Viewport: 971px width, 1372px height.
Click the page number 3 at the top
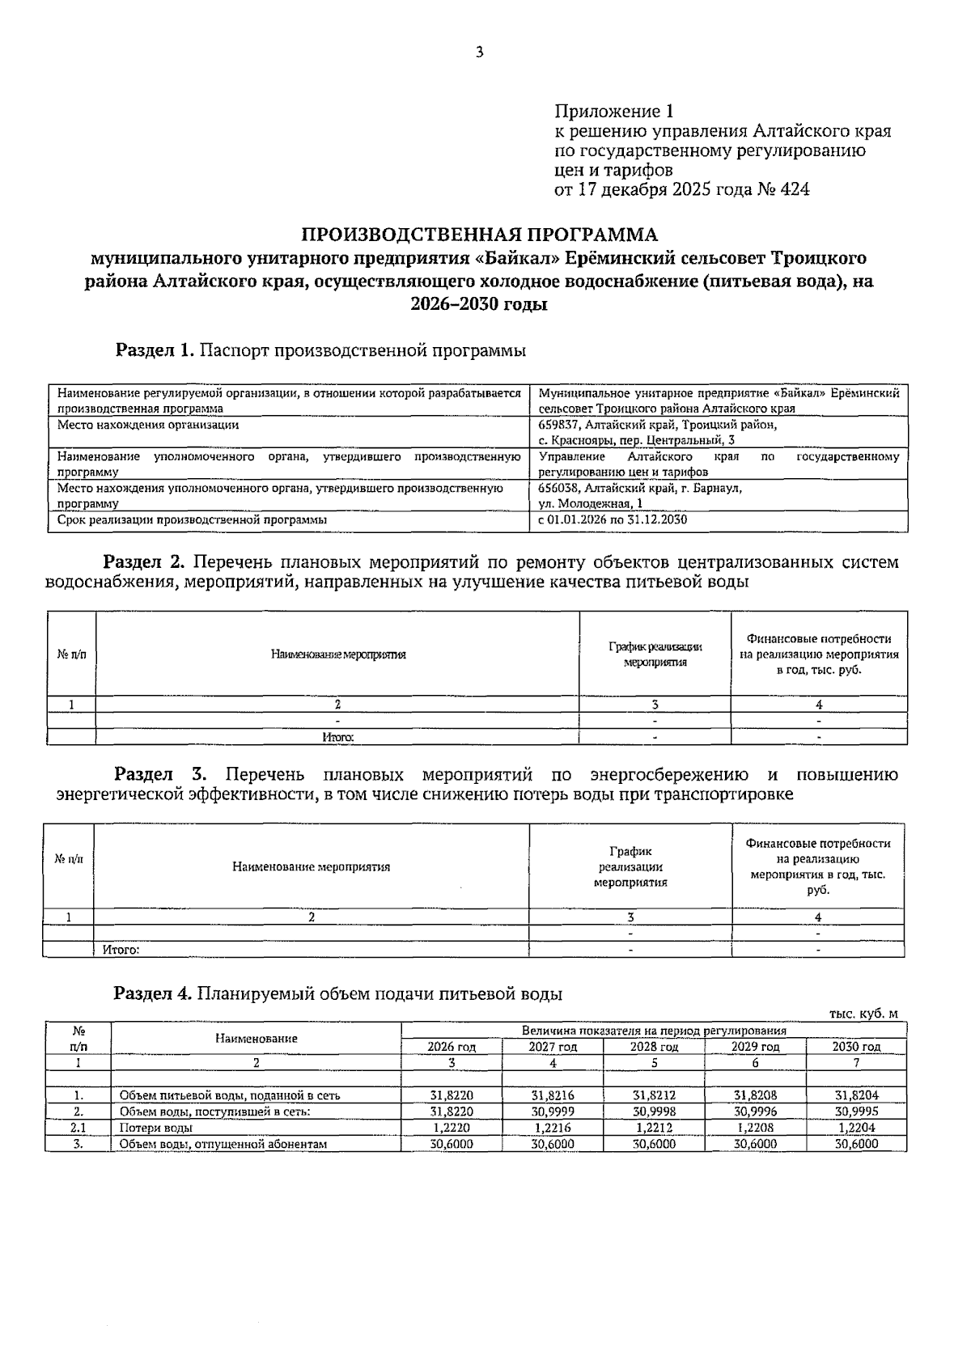tap(479, 53)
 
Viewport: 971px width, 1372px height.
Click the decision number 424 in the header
tap(795, 190)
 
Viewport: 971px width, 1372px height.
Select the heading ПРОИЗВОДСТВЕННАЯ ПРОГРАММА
tap(479, 235)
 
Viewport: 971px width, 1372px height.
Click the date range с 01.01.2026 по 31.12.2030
tap(613, 519)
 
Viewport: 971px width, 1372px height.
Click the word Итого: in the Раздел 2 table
tap(337, 737)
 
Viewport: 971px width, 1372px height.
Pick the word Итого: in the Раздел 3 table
tap(121, 950)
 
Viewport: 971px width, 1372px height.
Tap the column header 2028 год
tap(654, 1047)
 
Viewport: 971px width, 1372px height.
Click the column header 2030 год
tap(856, 1047)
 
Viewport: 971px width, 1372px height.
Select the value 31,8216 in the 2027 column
tap(553, 1095)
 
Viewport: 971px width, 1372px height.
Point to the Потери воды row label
tap(155, 1128)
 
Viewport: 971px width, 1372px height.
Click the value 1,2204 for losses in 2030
tap(856, 1128)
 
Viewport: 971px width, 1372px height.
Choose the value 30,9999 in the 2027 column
tap(553, 1112)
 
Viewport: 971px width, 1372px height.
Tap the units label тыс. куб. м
tap(863, 1014)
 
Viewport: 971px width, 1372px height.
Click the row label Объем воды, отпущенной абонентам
tap(223, 1144)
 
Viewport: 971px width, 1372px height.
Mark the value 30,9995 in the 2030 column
tap(856, 1112)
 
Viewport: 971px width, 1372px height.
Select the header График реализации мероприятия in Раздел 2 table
tap(655, 654)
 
